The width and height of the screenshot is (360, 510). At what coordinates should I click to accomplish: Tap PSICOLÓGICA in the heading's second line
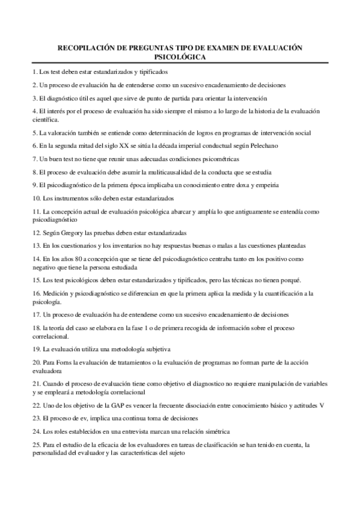pos(180,57)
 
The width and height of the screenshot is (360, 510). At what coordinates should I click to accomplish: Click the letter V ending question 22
pos(323,405)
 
